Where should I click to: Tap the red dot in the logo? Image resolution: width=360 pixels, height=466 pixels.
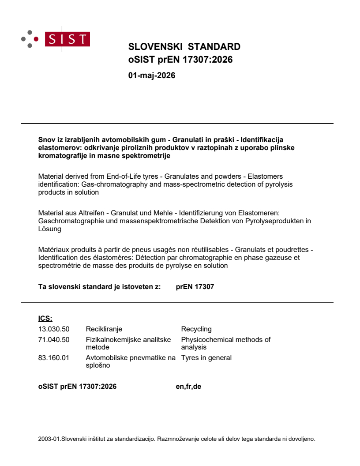(36, 39)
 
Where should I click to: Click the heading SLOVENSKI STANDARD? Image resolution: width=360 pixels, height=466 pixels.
(184, 47)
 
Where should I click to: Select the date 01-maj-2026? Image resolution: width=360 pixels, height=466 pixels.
(151, 75)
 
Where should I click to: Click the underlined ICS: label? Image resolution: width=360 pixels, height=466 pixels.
(45, 318)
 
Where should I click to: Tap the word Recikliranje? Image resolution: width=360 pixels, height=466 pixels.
(104, 329)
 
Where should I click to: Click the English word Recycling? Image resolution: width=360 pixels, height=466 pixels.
(196, 329)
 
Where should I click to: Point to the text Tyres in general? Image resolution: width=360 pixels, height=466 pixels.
(206, 357)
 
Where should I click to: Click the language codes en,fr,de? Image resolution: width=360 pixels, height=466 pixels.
(188, 387)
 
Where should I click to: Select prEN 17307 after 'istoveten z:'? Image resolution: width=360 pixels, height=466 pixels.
(195, 287)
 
